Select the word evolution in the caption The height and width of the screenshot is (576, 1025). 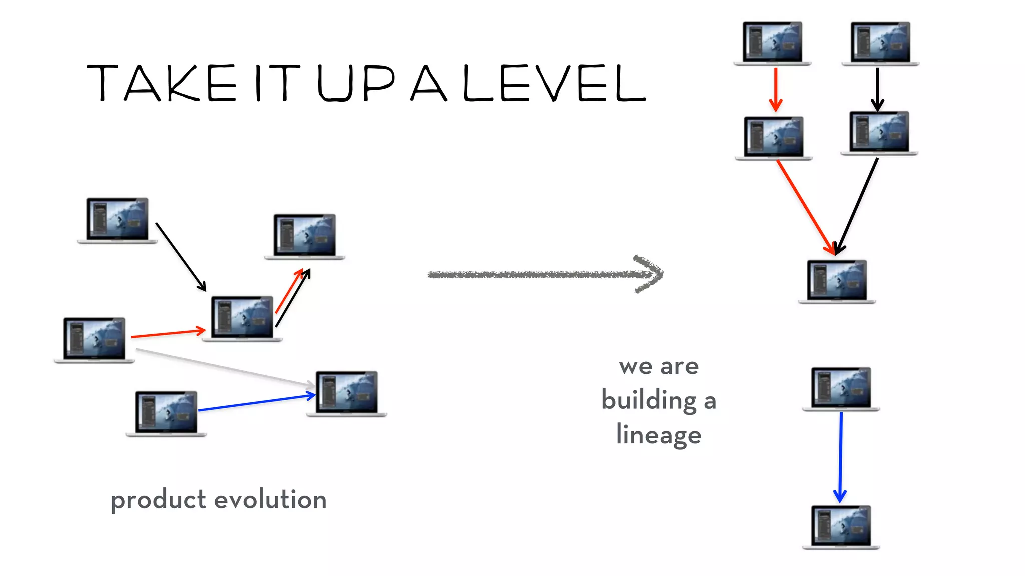tap(270, 499)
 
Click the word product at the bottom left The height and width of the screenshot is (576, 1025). tap(158, 500)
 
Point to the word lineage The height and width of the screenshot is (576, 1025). tap(659, 434)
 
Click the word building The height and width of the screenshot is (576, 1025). tap(649, 400)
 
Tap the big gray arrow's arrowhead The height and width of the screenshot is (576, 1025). tap(651, 274)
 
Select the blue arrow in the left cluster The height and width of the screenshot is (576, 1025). tap(256, 403)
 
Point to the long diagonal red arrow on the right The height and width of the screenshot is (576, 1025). tap(806, 207)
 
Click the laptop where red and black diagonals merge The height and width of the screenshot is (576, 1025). tap(837, 281)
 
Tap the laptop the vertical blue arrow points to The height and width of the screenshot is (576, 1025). tap(841, 527)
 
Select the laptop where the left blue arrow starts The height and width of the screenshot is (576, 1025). tap(166, 414)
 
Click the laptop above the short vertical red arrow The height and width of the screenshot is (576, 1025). tap(772, 43)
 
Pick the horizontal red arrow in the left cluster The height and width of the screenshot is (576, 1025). tap(168, 333)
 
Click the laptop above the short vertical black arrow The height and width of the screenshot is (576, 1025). tap(880, 43)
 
